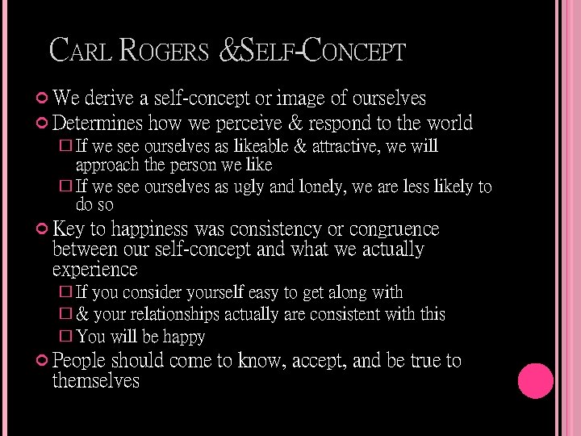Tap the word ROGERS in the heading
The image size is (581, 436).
[163, 51]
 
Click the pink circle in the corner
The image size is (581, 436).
[535, 381]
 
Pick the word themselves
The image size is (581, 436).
[95, 380]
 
